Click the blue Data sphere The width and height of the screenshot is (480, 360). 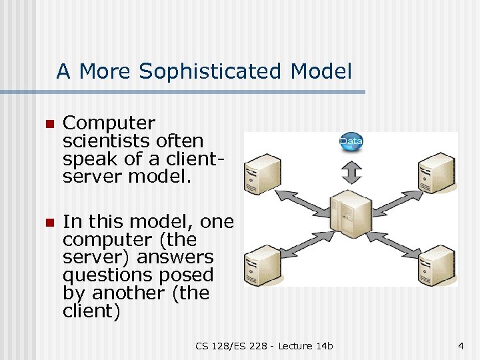pyautogui.click(x=351, y=141)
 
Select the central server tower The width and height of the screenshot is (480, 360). pyautogui.click(x=351, y=213)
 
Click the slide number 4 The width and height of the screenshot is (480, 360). pyautogui.click(x=461, y=345)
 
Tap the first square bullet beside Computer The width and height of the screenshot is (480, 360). pyautogui.click(x=47, y=124)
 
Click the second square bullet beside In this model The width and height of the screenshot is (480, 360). pyautogui.click(x=47, y=222)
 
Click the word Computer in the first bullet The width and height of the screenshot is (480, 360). pyautogui.click(x=109, y=123)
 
